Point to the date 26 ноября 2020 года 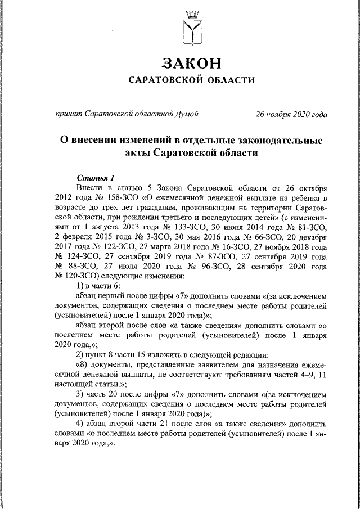pyautogui.click(x=291, y=114)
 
